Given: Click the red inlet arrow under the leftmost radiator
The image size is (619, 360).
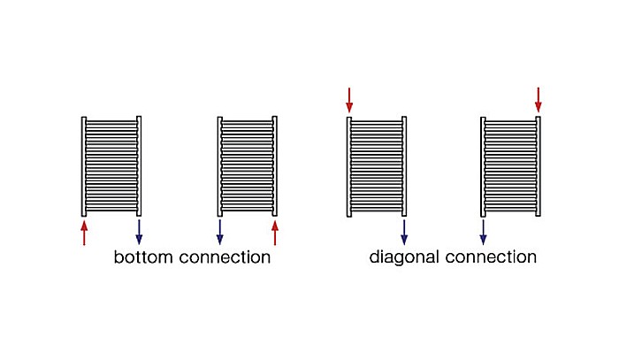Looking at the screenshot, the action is pos(84,233).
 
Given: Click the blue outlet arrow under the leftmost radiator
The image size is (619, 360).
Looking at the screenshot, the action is pos(139,232).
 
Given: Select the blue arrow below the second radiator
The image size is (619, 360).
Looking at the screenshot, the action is pos(220,232).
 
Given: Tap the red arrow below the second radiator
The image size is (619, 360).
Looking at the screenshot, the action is pos(275,233).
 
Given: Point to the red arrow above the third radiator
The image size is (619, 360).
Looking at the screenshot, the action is pos(349,100).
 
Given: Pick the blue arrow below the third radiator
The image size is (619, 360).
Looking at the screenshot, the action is pos(404,232).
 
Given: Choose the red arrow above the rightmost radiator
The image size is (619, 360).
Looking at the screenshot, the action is pos(538,100).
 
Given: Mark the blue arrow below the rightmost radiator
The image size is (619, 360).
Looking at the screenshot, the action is pos(483,232).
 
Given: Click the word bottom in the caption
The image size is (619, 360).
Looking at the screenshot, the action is pos(143,257).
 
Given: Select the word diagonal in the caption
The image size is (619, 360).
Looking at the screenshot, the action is pos(404,257).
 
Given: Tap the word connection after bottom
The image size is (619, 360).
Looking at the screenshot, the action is pos(225,257).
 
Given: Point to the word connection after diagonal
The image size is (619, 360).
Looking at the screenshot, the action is pos(491,257).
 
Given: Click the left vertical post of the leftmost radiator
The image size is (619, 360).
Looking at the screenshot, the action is pos(84,166).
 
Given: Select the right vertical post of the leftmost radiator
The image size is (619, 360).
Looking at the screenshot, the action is pos(139,166).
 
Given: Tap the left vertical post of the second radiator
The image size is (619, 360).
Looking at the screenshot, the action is pos(220,166).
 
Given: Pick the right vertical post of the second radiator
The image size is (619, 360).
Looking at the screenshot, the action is pos(275,166).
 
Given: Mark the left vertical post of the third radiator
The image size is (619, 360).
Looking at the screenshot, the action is pos(349,166).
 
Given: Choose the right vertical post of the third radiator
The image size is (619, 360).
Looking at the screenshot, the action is pos(404,166).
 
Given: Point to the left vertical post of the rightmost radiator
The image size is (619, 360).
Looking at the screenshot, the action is pos(483,166).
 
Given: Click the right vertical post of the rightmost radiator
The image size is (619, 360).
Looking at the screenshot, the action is pos(538,166).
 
